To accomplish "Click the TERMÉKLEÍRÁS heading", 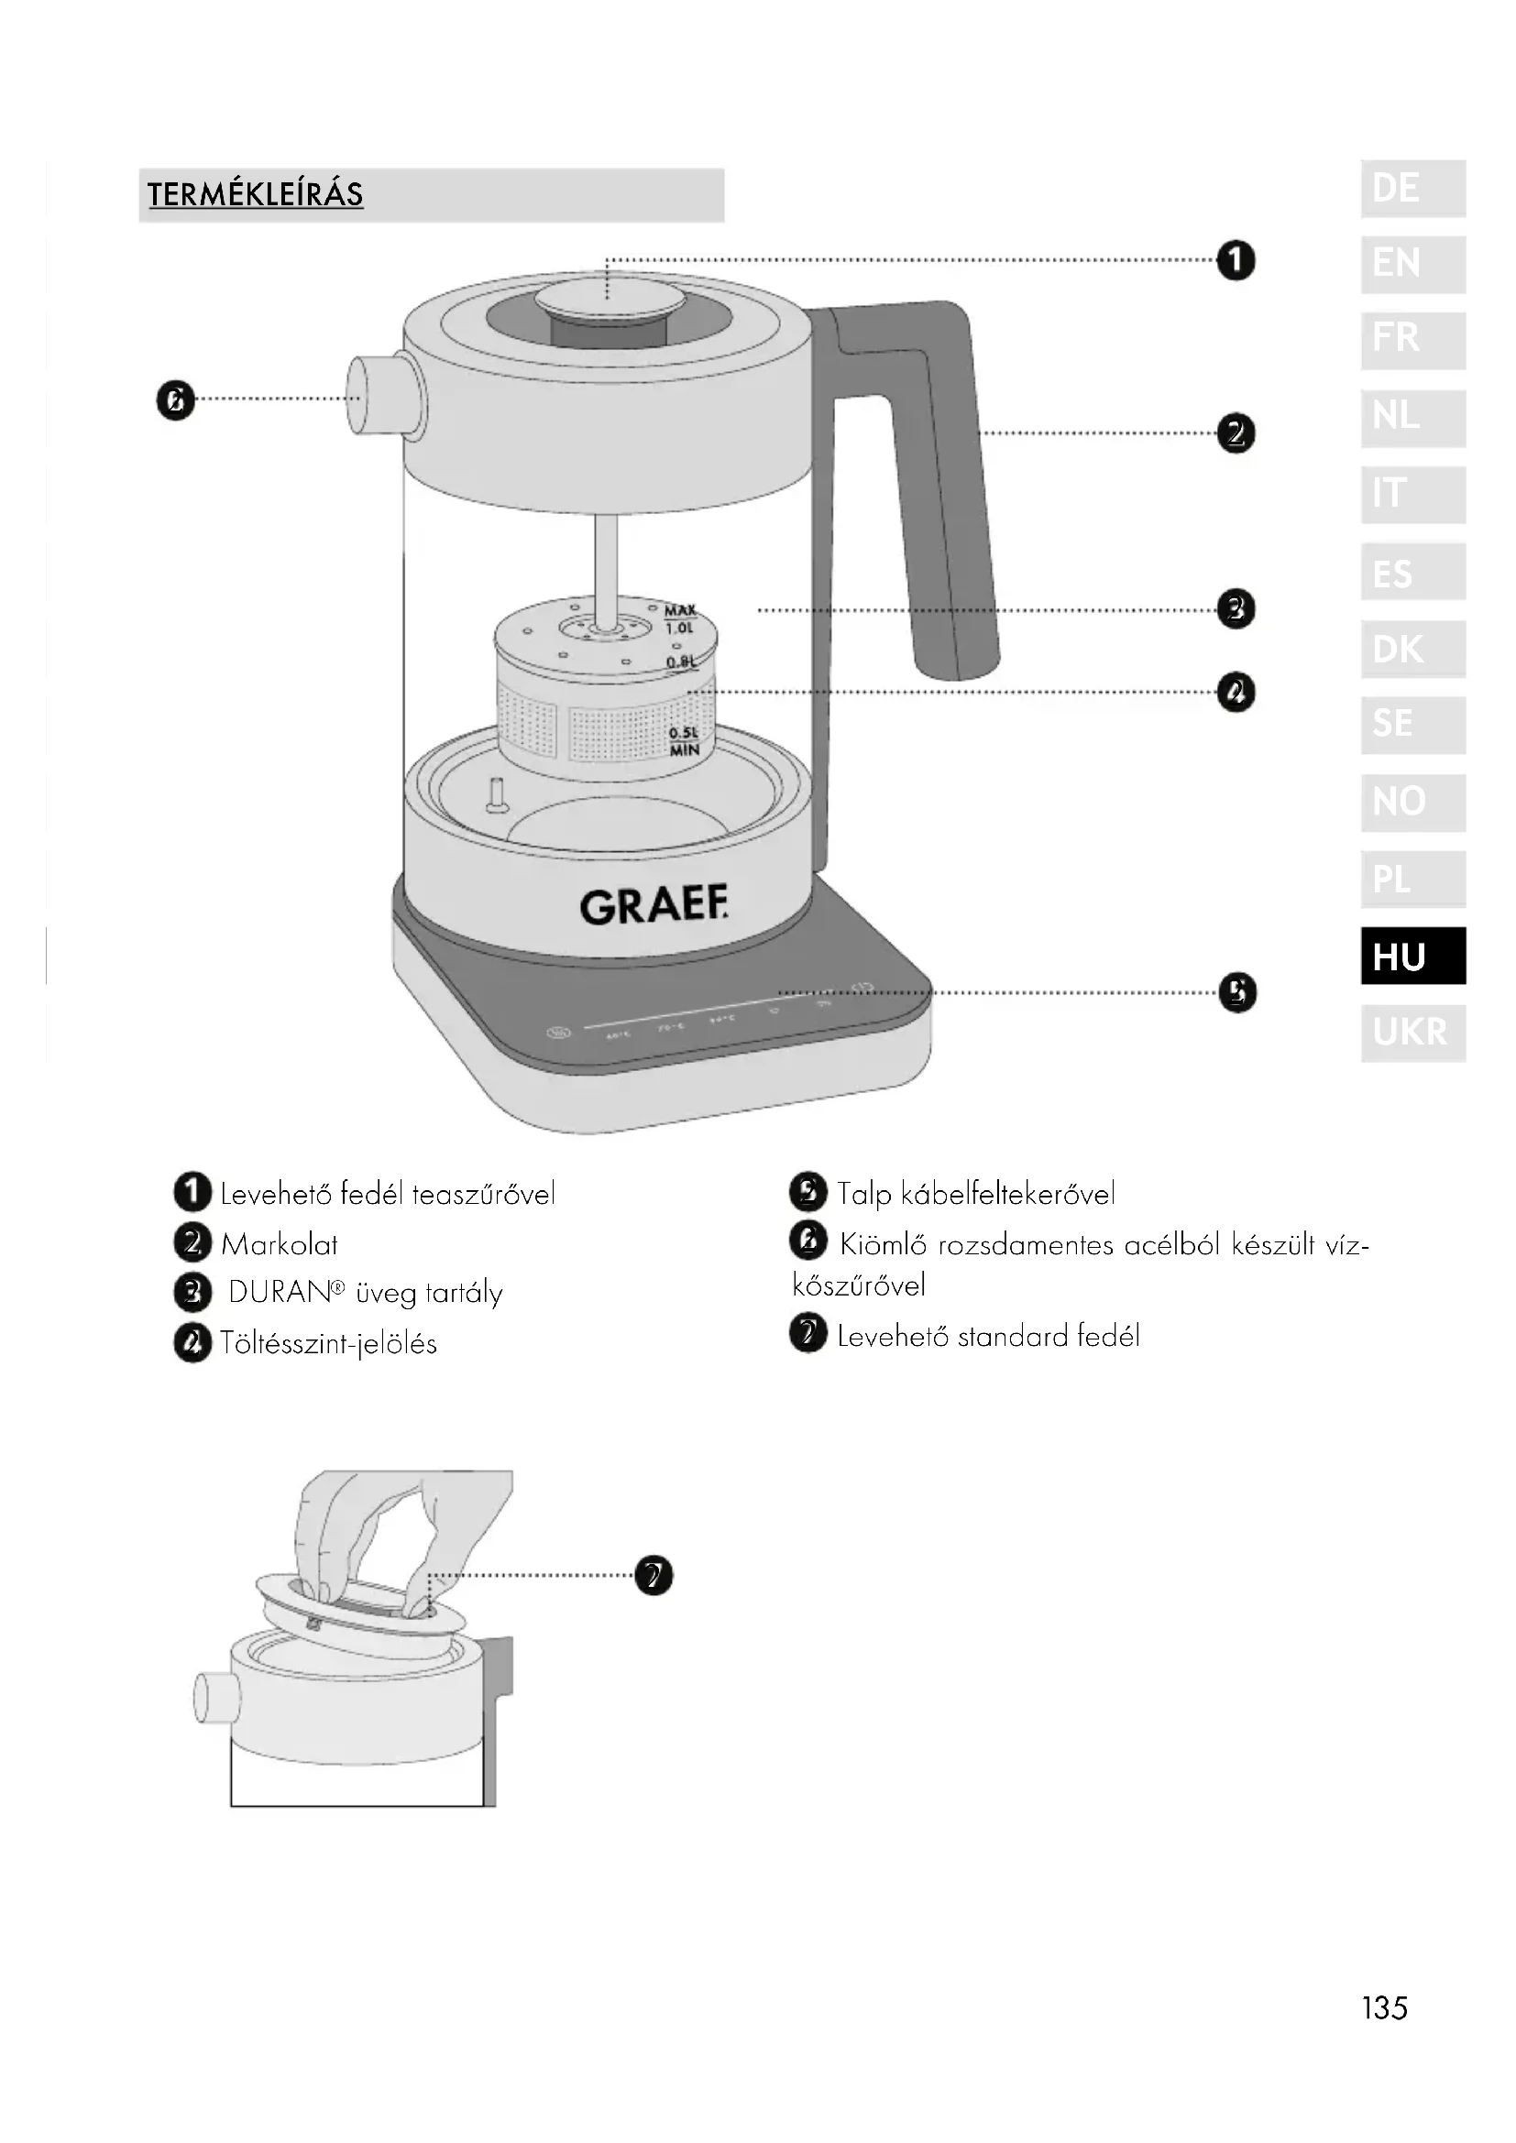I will pos(255,194).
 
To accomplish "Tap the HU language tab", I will pos(1412,956).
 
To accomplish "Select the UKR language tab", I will pos(1412,1033).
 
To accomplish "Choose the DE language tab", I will pos(1412,189).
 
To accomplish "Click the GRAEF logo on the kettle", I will pos(654,906).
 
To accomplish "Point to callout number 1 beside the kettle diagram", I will pos(1236,260).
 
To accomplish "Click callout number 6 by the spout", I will pos(175,401).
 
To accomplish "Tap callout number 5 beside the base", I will pos(1236,992).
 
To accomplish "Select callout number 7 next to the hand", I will pos(654,1576).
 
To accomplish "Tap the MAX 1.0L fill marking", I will pos(679,618).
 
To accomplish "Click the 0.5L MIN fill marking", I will pos(685,741).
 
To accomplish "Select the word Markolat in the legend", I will pos(280,1244).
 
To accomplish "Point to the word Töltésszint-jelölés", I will pos(329,1344).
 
